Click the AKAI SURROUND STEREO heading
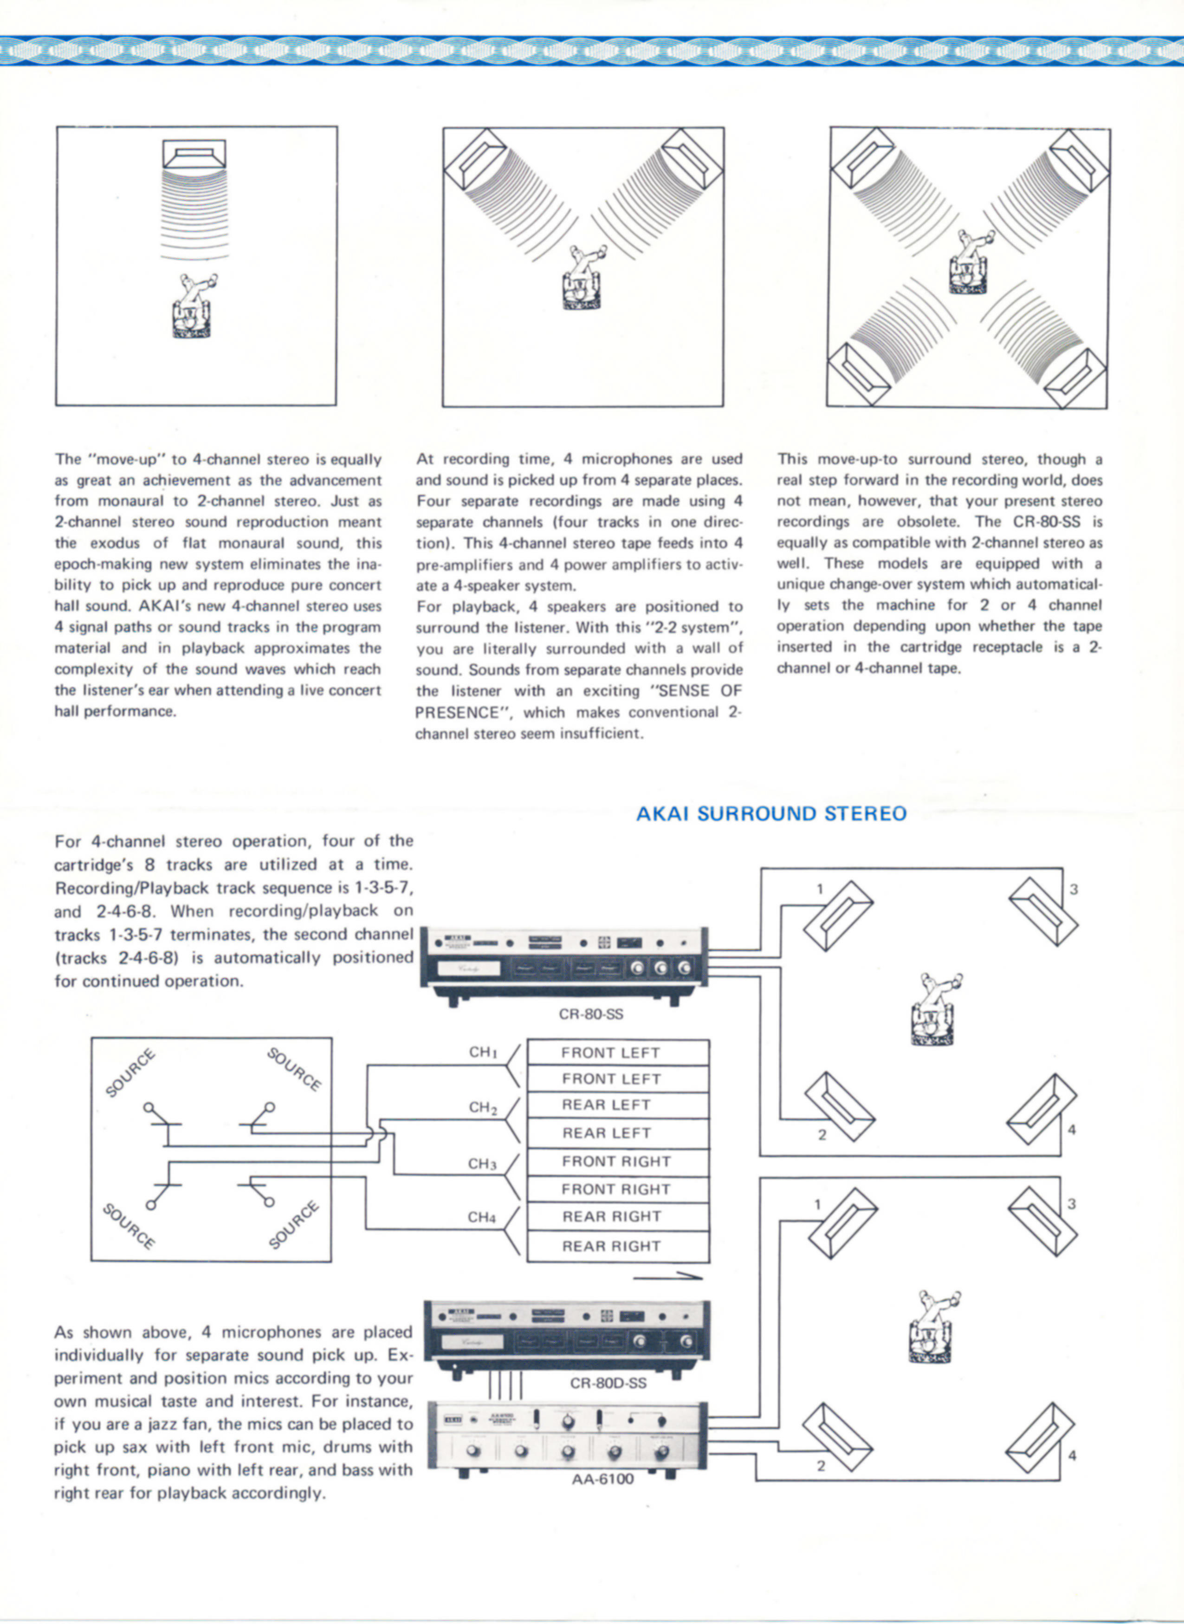[x=771, y=814]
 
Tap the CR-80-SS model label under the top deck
[x=590, y=1014]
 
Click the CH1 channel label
[x=483, y=1052]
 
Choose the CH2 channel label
[x=483, y=1107]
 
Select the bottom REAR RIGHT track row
[x=611, y=1246]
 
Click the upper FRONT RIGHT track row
[x=615, y=1162]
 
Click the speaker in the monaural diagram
[x=194, y=153]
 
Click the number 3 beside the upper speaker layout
[x=1074, y=890]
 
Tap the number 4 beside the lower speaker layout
[x=1072, y=1455]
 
